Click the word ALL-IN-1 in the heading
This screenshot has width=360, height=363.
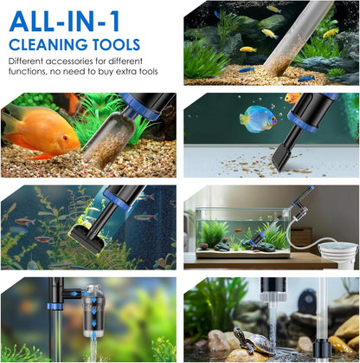click(x=64, y=22)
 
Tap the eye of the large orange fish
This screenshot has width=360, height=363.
click(x=65, y=138)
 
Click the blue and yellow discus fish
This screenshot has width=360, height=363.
click(x=258, y=119)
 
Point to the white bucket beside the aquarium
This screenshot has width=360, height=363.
click(x=337, y=255)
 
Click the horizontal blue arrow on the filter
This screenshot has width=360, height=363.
click(x=74, y=294)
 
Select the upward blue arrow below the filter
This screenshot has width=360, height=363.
click(x=94, y=335)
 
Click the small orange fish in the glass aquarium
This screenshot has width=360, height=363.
click(x=239, y=230)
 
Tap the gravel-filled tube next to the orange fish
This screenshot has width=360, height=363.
click(x=111, y=139)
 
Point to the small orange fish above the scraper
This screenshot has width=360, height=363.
click(x=292, y=98)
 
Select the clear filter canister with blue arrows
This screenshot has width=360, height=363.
click(x=93, y=311)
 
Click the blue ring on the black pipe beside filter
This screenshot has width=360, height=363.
click(x=55, y=307)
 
